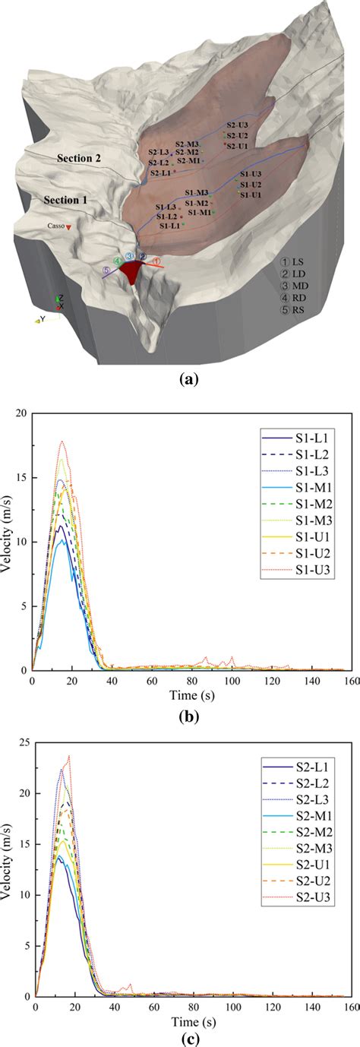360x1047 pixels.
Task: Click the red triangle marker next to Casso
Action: [68, 227]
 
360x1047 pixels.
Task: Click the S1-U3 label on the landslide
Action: [251, 175]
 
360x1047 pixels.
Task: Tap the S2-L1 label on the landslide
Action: [160, 173]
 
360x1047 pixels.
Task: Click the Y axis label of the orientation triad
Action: [43, 320]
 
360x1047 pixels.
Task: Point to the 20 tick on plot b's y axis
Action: [21, 413]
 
